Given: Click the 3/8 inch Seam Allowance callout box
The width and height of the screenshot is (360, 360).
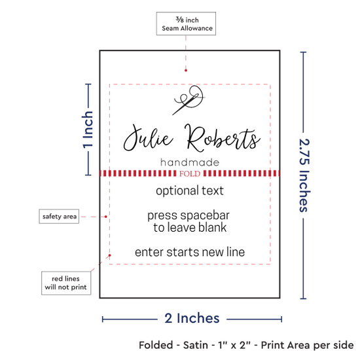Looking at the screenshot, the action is [x=186, y=24].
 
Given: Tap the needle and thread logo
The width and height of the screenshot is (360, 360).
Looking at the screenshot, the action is [x=189, y=100].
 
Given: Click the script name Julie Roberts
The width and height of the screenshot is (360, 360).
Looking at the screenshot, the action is [x=192, y=138].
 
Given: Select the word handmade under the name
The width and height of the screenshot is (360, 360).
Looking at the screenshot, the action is [x=190, y=162].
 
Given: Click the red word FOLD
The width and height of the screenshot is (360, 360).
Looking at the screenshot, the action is [x=190, y=173].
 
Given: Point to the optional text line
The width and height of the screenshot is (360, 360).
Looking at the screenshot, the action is [x=190, y=191].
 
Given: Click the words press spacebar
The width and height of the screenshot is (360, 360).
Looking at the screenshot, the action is [x=189, y=216].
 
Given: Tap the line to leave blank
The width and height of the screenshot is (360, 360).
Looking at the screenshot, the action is [x=190, y=228].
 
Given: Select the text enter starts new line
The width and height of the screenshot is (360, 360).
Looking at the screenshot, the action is [x=190, y=252].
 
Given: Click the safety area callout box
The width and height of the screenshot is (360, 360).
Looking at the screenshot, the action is [x=59, y=216].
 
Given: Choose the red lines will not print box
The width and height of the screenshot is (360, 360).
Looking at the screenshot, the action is [x=66, y=283].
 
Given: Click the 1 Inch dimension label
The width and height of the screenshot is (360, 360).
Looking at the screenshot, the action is [x=88, y=130].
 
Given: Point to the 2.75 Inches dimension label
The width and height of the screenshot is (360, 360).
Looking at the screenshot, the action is [x=304, y=175].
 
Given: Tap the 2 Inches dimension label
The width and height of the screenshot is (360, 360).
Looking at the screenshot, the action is [x=192, y=319].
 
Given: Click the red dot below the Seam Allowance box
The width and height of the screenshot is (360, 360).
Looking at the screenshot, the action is [x=186, y=71].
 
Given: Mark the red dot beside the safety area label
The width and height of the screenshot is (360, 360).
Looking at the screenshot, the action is [x=106, y=217].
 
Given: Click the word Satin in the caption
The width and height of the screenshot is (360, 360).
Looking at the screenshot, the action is [x=196, y=345].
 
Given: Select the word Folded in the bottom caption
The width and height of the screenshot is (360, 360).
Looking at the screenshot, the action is [x=156, y=345].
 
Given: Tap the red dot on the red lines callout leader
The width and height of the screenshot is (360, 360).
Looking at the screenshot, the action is [x=110, y=255].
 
